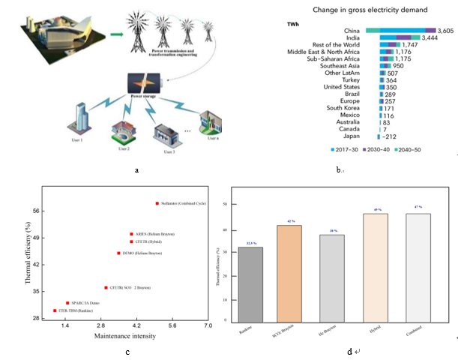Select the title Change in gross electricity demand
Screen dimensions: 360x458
(370, 10)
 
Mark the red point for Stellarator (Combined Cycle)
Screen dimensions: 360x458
(157, 203)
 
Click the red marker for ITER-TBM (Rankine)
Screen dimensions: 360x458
(55, 310)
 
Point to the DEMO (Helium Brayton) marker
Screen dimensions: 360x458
(118, 253)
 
